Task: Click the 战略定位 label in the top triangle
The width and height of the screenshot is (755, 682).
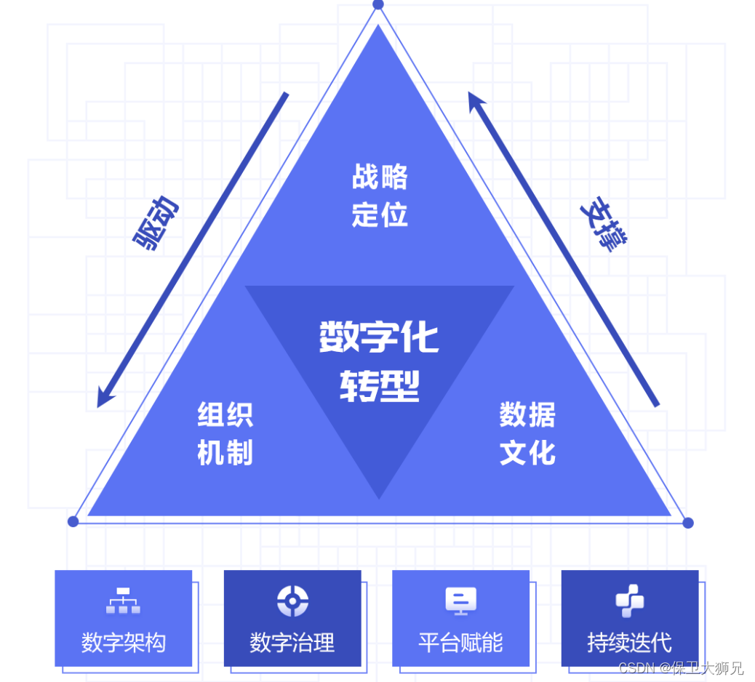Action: coord(380,196)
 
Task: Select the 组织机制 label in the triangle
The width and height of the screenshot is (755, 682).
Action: coord(225,433)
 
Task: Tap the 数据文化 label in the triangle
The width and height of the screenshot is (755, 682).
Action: coord(527,433)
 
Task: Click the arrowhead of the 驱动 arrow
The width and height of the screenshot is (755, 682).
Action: coord(104,400)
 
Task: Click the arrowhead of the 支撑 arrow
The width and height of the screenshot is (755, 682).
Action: coord(475,99)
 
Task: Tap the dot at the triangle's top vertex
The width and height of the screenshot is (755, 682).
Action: coord(378,4)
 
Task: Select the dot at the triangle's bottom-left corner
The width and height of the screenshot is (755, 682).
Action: coord(73,521)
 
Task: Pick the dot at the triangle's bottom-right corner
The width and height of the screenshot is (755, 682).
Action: coord(688,523)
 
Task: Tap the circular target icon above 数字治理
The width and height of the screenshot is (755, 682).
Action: coord(292,601)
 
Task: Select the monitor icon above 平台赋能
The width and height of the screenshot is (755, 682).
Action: coord(460,601)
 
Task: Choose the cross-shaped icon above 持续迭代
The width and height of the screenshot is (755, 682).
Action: coord(629,601)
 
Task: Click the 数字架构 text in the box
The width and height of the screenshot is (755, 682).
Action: coord(123,643)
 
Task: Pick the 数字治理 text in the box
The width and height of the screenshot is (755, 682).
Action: coord(292,643)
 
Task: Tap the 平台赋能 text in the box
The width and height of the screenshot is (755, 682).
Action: coord(460,643)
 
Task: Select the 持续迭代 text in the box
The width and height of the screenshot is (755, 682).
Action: coord(629,643)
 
